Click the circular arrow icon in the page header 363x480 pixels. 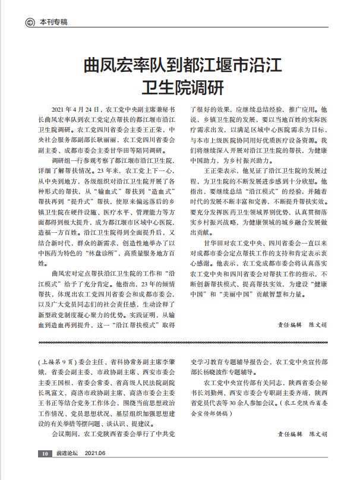pyautogui.click(x=29, y=23)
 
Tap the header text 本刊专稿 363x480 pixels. pyautogui.click(x=53, y=23)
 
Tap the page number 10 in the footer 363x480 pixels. pyautogui.click(x=45, y=470)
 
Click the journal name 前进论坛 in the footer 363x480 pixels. pyautogui.click(x=67, y=470)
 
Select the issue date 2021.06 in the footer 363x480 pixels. pyautogui.click(x=96, y=470)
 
